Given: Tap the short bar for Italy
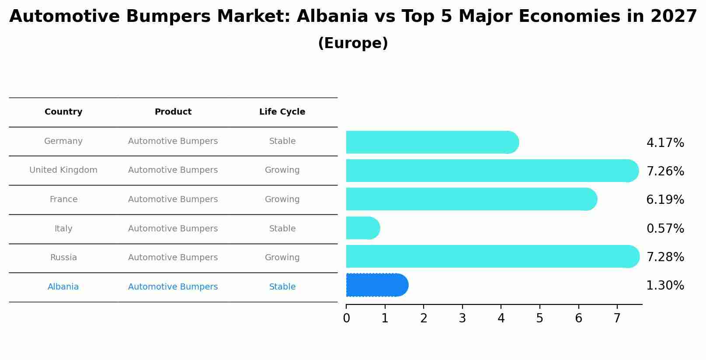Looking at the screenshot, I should click(x=362, y=228).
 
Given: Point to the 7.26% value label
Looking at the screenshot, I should click(x=665, y=171).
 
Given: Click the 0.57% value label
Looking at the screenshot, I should click(x=665, y=228).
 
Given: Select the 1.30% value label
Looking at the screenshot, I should click(x=665, y=286).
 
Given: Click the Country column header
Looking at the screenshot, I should click(x=63, y=112).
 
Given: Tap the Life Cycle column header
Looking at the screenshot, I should click(x=282, y=112).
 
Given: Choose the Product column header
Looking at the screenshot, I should click(x=173, y=112).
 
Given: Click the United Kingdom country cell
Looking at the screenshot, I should click(x=63, y=170).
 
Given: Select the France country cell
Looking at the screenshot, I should click(x=63, y=199).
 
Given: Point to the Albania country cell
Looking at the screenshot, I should click(x=63, y=287).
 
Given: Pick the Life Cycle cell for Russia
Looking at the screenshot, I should click(x=282, y=258).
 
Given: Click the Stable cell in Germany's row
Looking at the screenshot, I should click(x=282, y=141).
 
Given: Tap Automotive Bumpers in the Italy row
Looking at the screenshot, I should click(x=173, y=229).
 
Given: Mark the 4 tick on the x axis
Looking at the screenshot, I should click(x=501, y=318).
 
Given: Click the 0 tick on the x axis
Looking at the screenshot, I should click(x=346, y=318).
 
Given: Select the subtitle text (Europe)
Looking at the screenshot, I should click(x=353, y=43).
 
